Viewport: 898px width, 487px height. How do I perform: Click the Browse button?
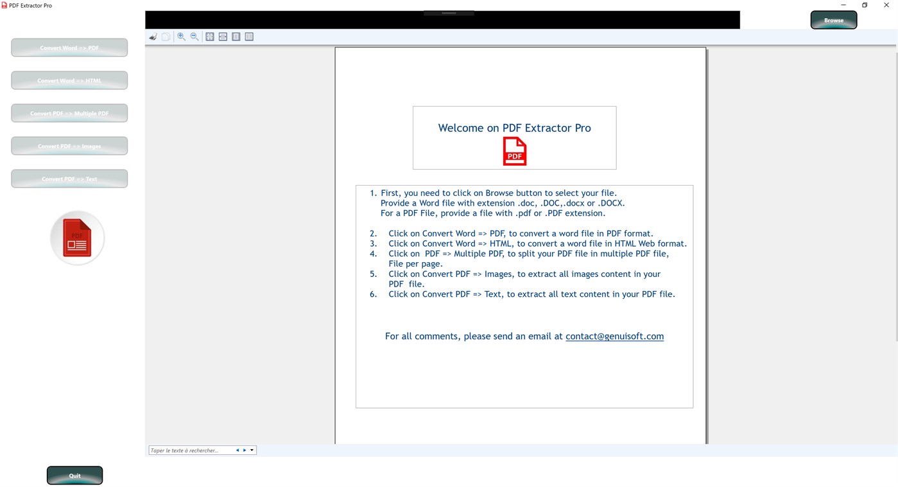(833, 20)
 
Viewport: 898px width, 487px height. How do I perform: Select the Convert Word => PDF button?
(69, 48)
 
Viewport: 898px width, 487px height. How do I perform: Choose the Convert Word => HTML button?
(69, 80)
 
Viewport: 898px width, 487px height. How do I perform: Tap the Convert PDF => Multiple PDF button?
(69, 113)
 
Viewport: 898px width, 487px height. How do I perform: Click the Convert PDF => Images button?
(69, 146)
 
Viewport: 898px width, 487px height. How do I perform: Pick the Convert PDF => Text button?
(69, 179)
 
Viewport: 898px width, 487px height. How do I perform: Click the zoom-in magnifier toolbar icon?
(181, 37)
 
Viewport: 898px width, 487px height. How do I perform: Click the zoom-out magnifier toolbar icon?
(194, 37)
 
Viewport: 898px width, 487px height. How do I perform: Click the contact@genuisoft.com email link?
(614, 336)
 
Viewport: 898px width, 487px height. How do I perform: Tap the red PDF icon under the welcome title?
(514, 152)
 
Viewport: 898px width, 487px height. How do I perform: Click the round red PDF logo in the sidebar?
(77, 238)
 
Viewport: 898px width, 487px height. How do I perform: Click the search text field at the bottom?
(191, 450)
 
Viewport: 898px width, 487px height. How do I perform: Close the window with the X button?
(886, 5)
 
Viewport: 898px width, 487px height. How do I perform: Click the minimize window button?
(843, 5)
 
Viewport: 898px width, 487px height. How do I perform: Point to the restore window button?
(865, 5)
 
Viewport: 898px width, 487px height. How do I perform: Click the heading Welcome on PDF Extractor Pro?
(514, 128)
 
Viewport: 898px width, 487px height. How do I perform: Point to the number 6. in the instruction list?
(374, 294)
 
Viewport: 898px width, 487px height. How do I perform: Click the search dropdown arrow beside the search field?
(252, 450)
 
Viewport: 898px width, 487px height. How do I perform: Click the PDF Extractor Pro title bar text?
(30, 5)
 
